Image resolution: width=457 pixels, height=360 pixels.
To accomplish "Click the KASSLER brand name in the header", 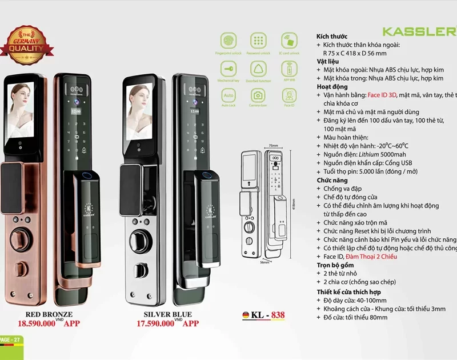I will [x=419, y=31].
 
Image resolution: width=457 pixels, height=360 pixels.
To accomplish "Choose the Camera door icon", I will [x=258, y=95].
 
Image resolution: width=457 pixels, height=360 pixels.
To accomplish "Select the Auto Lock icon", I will [x=228, y=95].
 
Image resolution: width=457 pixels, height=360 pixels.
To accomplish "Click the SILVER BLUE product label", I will [x=168, y=314].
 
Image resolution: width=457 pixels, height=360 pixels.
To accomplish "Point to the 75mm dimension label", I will [x=273, y=146].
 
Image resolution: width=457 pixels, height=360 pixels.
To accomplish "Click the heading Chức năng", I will [x=332, y=180].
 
